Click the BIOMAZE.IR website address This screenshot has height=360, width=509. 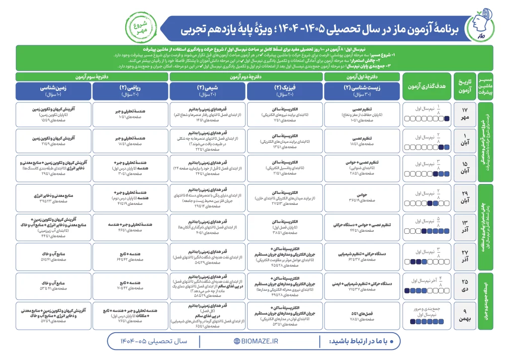point(256,341)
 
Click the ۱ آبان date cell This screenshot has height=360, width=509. point(464,141)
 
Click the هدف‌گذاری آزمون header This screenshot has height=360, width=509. point(426,86)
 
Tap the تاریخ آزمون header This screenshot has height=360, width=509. point(464,86)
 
